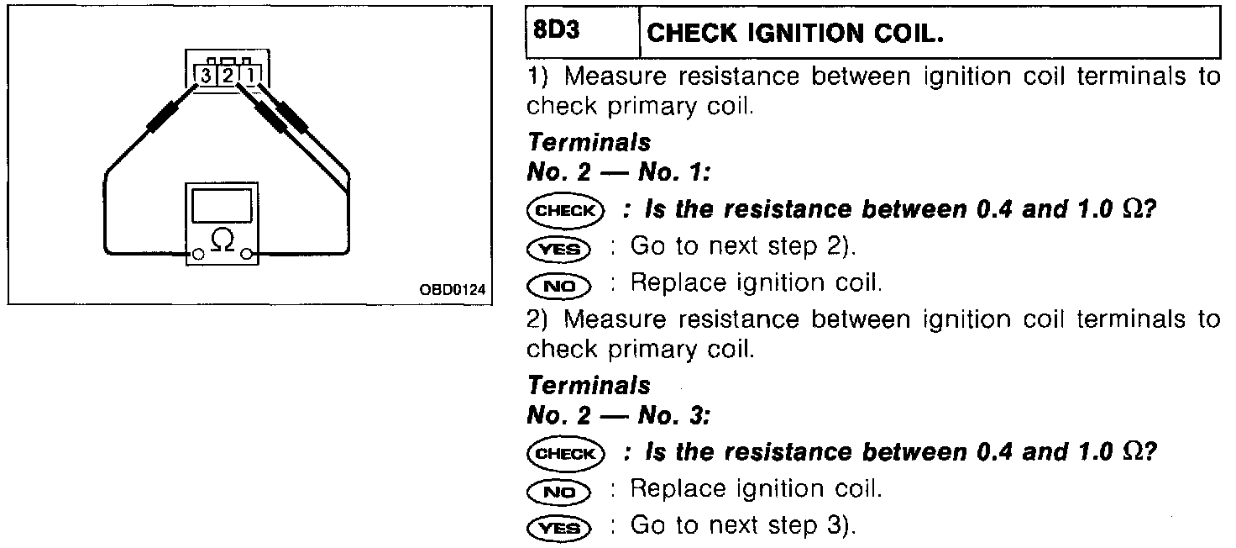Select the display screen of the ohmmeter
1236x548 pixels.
[222, 206]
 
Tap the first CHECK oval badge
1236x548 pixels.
[565, 210]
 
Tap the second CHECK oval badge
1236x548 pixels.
[565, 453]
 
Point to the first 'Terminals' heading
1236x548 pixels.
[588, 143]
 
